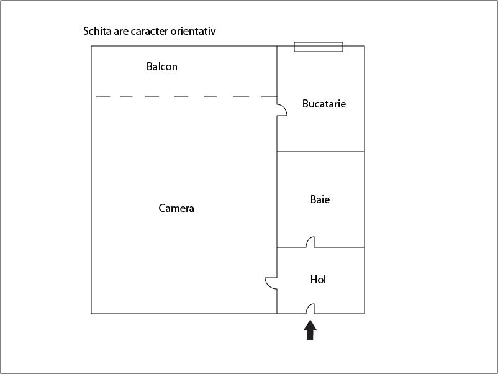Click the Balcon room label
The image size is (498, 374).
click(161, 66)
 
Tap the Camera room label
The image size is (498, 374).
click(176, 208)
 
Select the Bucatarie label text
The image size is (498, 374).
click(324, 104)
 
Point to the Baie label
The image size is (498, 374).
click(320, 199)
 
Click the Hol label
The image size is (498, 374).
click(318, 280)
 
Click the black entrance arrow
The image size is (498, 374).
click(310, 330)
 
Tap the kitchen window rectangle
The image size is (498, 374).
click(319, 47)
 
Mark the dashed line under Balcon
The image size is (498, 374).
click(186, 96)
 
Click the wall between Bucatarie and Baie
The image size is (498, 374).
click(321, 152)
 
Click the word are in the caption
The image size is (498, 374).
click(121, 32)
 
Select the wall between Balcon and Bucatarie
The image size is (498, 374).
click(277, 71)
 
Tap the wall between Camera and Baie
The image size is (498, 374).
click(277, 199)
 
